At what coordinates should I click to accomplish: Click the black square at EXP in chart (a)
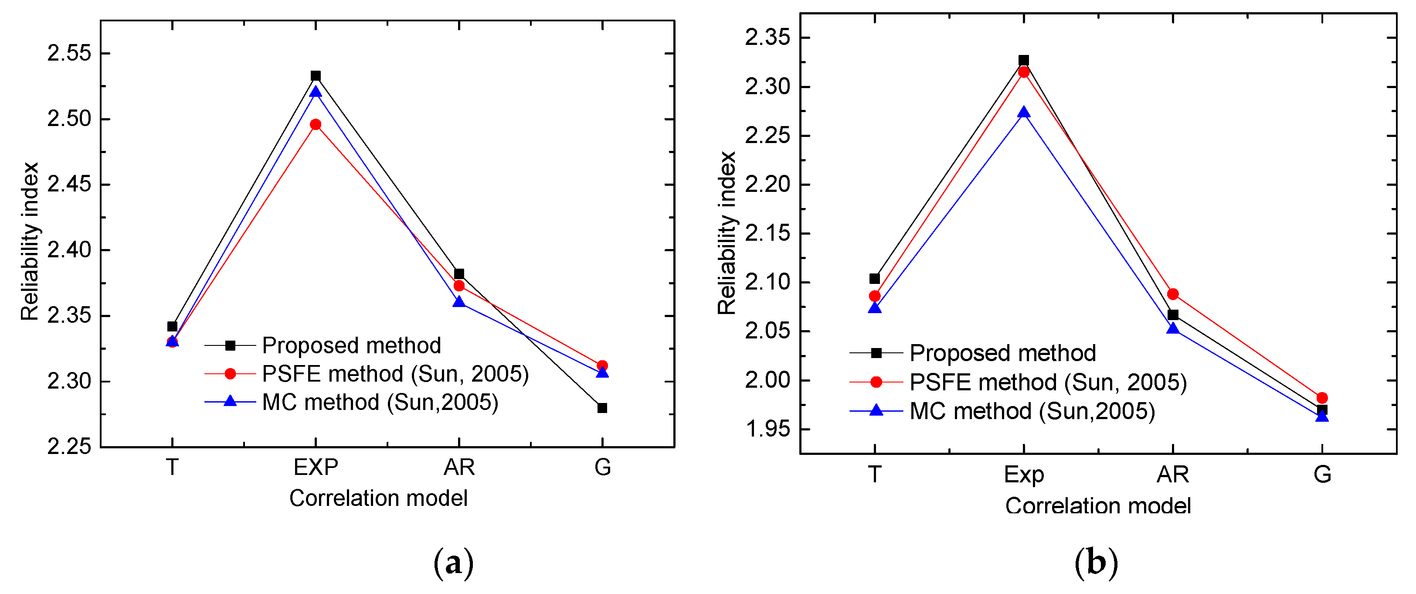[x=316, y=76]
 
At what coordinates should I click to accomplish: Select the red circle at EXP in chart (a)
[x=316, y=124]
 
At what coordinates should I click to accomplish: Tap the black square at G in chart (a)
[x=602, y=408]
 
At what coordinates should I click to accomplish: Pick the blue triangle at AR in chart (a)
[x=459, y=302]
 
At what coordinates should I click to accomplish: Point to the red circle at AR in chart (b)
[x=1173, y=294]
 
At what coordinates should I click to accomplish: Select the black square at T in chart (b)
[x=875, y=279]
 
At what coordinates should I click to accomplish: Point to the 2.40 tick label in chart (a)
[x=69, y=250]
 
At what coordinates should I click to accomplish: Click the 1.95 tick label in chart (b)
[x=767, y=429]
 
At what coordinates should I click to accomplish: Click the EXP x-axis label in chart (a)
[x=316, y=468]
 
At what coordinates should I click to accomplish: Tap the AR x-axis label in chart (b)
[x=1173, y=474]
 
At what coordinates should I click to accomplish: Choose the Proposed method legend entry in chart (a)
[x=351, y=345]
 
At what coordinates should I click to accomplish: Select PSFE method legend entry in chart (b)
[x=1048, y=382]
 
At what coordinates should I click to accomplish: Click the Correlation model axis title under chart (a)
[x=378, y=498]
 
